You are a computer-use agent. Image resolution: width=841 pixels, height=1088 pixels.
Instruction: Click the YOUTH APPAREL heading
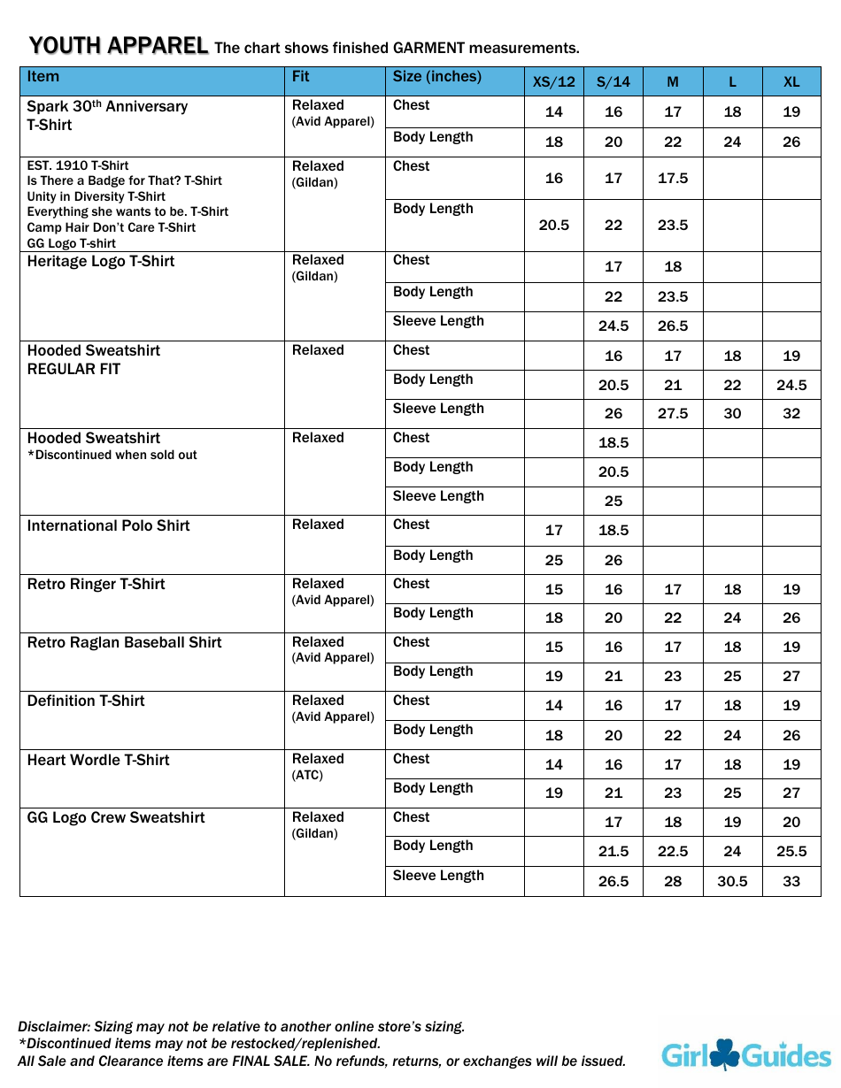tap(119, 46)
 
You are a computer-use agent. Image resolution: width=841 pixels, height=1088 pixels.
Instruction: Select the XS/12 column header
tap(553, 81)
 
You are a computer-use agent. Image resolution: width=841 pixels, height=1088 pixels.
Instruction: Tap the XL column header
tap(791, 81)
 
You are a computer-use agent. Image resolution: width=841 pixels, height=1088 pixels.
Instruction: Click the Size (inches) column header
tap(436, 77)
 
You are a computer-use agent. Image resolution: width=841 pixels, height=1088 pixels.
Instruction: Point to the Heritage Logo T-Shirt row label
tap(101, 261)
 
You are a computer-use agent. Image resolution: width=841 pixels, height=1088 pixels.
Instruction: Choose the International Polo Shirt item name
tap(108, 525)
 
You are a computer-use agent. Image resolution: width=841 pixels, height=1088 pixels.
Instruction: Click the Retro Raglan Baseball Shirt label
tap(124, 642)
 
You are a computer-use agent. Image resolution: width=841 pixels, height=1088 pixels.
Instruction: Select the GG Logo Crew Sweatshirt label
tap(116, 817)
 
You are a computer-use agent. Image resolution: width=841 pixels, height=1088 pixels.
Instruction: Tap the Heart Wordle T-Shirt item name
tap(98, 760)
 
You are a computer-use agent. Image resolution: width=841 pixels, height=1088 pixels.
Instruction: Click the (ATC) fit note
tap(307, 775)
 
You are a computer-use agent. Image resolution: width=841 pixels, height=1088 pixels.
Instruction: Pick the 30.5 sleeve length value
tap(732, 881)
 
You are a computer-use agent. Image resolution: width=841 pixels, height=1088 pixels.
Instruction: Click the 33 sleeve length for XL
tap(791, 881)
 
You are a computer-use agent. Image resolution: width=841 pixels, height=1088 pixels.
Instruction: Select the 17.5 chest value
tap(673, 178)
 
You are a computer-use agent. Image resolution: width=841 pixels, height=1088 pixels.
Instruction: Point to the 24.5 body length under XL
tap(791, 385)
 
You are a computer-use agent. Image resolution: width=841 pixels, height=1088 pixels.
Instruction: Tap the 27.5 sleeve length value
tap(673, 413)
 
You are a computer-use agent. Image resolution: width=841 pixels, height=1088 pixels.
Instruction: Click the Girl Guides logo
tap(745, 1054)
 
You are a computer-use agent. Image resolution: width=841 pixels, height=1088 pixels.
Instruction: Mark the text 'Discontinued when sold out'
tap(112, 455)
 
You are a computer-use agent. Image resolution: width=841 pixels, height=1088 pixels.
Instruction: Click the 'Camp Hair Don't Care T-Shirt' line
tap(112, 227)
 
